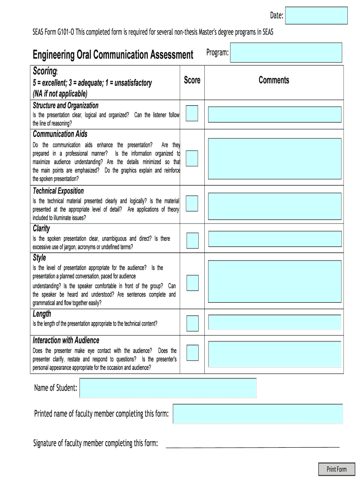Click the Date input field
click(317, 15)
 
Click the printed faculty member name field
click(258, 414)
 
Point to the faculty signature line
click(252, 447)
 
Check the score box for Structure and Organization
click(192, 113)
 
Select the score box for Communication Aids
click(192, 158)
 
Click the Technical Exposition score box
click(192, 203)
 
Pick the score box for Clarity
click(192, 240)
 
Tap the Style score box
click(192, 283)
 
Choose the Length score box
click(192, 323)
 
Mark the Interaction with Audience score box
click(192, 353)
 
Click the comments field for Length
click(274, 323)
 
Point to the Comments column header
click(274, 80)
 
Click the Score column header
click(192, 80)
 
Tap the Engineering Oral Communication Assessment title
click(113, 55)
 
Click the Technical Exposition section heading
click(58, 191)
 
